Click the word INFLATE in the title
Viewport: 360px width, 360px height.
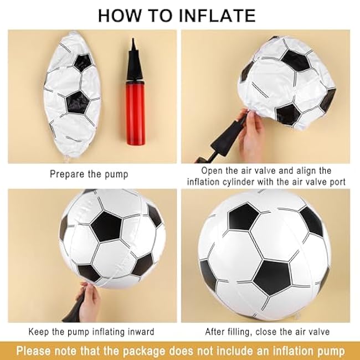click(217, 16)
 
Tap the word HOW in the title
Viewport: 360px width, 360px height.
click(120, 16)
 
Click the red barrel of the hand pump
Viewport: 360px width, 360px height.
click(135, 113)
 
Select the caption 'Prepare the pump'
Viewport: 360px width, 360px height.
click(89, 174)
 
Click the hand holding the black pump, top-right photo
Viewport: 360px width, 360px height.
click(251, 134)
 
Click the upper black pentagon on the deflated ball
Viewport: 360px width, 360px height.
click(83, 62)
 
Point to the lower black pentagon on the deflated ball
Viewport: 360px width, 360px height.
click(78, 102)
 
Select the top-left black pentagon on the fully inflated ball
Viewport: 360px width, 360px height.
click(243, 217)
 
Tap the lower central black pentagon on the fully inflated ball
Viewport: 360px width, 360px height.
click(272, 277)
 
